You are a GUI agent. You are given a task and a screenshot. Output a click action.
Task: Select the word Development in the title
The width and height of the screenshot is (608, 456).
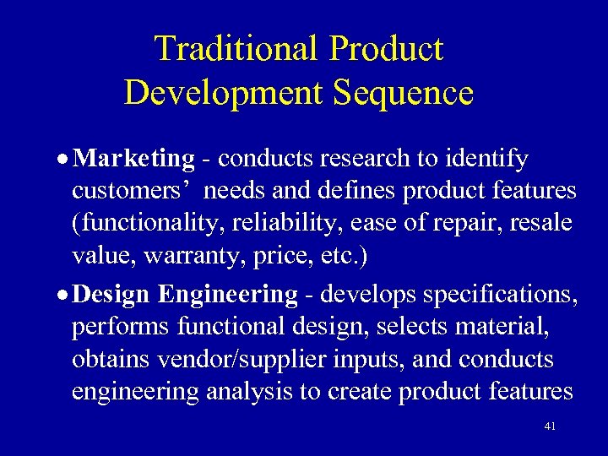(224, 92)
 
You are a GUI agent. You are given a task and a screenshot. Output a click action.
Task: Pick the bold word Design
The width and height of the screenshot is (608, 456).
(111, 295)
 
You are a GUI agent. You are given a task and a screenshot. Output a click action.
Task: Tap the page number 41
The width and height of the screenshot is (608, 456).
(550, 426)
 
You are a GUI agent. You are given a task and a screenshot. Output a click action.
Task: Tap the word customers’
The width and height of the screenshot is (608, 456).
(134, 191)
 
